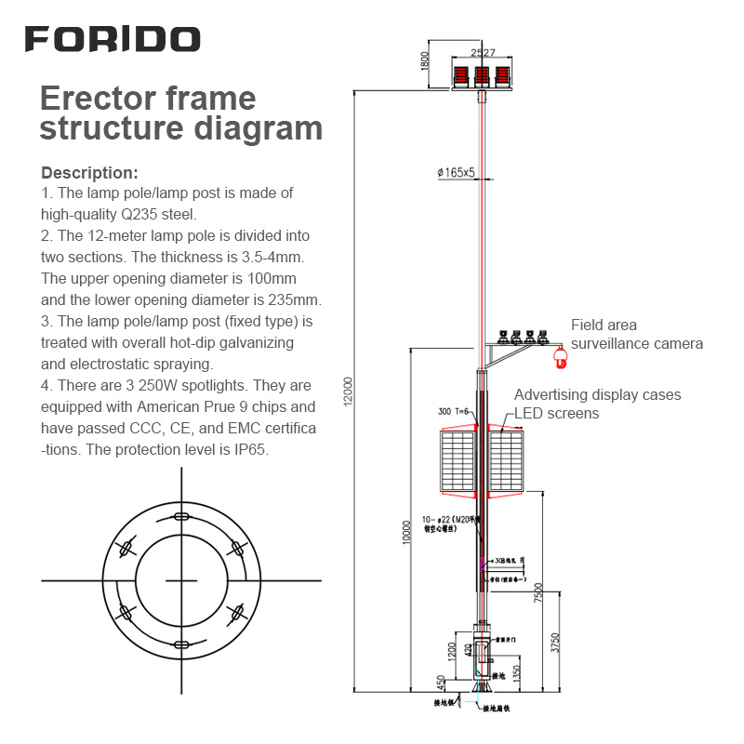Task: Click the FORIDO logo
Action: (112, 39)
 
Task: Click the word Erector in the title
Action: (95, 99)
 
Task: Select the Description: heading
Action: (89, 173)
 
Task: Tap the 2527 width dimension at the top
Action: (483, 54)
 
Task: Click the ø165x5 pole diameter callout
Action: (456, 172)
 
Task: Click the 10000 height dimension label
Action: (406, 532)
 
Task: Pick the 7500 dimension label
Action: (538, 591)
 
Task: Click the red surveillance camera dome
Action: (559, 354)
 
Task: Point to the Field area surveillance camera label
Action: (636, 335)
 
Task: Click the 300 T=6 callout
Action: (452, 411)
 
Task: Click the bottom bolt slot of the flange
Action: (180, 644)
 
